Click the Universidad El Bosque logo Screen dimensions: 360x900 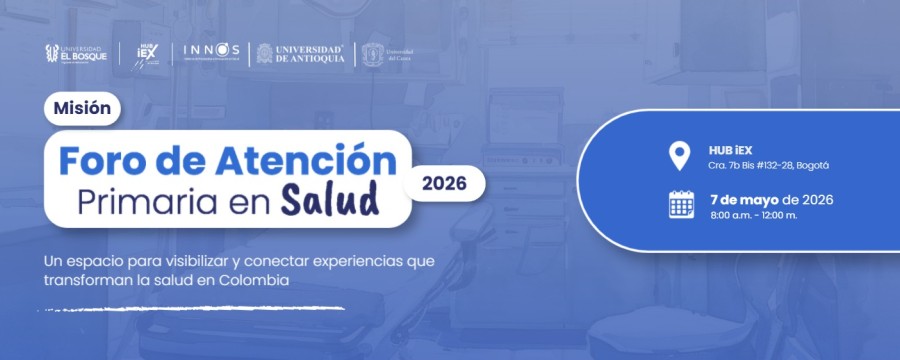(x=76, y=52)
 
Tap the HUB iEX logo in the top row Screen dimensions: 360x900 (x=147, y=53)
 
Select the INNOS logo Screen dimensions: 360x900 (x=212, y=51)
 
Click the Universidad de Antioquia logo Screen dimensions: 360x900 (x=301, y=52)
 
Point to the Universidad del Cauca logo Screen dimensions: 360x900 (x=387, y=52)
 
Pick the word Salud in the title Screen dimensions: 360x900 (x=329, y=198)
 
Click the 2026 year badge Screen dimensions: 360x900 (x=444, y=183)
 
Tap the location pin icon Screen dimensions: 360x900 (x=680, y=156)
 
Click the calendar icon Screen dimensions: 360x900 (x=681, y=204)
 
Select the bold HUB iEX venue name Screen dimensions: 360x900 (x=729, y=149)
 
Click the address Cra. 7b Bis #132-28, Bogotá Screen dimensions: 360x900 (x=769, y=165)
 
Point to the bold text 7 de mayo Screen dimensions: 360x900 (x=745, y=199)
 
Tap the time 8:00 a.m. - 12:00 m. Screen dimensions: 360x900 (x=753, y=216)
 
